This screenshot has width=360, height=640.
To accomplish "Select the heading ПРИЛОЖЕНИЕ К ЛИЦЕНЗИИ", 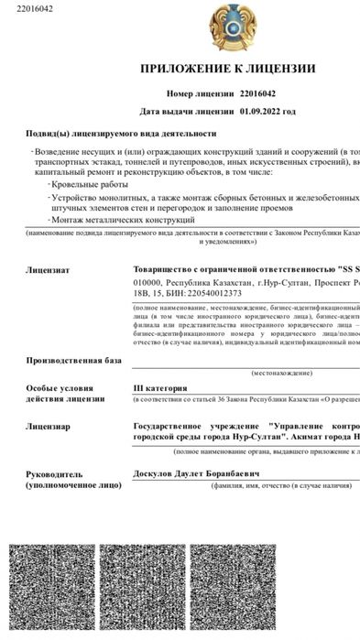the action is tap(227, 69).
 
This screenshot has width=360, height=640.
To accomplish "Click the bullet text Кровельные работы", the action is tap(89, 184).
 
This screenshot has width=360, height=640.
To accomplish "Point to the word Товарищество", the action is tap(164, 271).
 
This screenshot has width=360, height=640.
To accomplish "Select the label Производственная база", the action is tap(73, 360).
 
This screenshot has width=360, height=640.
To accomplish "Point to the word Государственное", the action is tap(174, 427).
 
